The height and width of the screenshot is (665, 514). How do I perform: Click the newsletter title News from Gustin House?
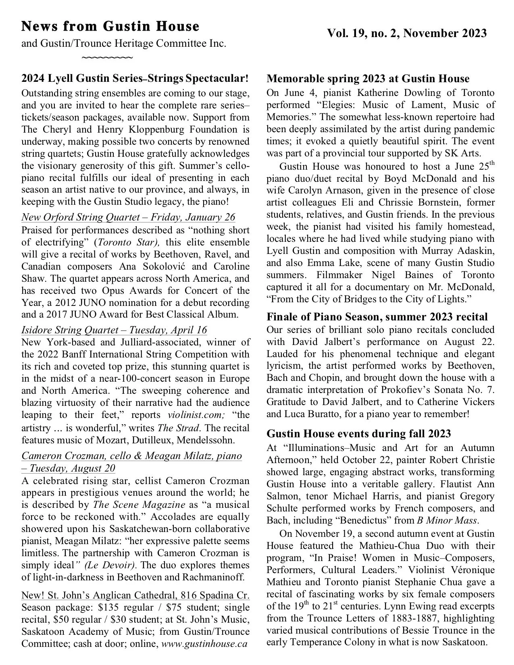click(x=110, y=27)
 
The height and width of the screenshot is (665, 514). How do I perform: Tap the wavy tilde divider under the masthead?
click(x=107, y=58)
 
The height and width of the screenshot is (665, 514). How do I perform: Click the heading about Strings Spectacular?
click(x=135, y=78)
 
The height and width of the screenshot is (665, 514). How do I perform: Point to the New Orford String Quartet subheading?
click(x=128, y=217)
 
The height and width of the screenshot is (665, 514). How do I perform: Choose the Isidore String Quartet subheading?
click(x=114, y=330)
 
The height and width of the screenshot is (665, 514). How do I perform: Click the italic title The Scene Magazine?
click(x=139, y=505)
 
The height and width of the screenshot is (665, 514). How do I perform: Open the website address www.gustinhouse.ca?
click(x=204, y=644)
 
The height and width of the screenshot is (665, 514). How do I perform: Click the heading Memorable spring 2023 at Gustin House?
click(x=368, y=79)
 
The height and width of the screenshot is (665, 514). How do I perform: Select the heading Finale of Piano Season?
click(x=377, y=317)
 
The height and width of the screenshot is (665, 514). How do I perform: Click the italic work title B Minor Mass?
click(x=447, y=520)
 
